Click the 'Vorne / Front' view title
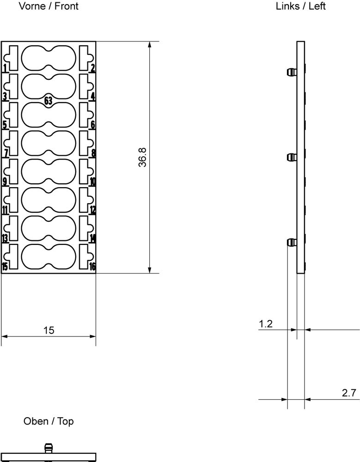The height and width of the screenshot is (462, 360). (49, 6)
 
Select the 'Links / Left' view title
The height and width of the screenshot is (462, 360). (300, 6)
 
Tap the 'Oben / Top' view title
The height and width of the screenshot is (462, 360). (49, 421)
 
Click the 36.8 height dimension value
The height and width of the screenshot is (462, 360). (142, 158)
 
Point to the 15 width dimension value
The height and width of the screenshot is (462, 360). (49, 330)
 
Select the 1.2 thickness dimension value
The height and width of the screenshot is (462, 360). (266, 324)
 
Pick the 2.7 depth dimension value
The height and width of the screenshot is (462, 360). (349, 393)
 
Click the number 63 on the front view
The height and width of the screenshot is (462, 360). (48, 101)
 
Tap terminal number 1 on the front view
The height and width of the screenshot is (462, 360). (5, 68)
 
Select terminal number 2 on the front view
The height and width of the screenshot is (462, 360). (93, 68)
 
